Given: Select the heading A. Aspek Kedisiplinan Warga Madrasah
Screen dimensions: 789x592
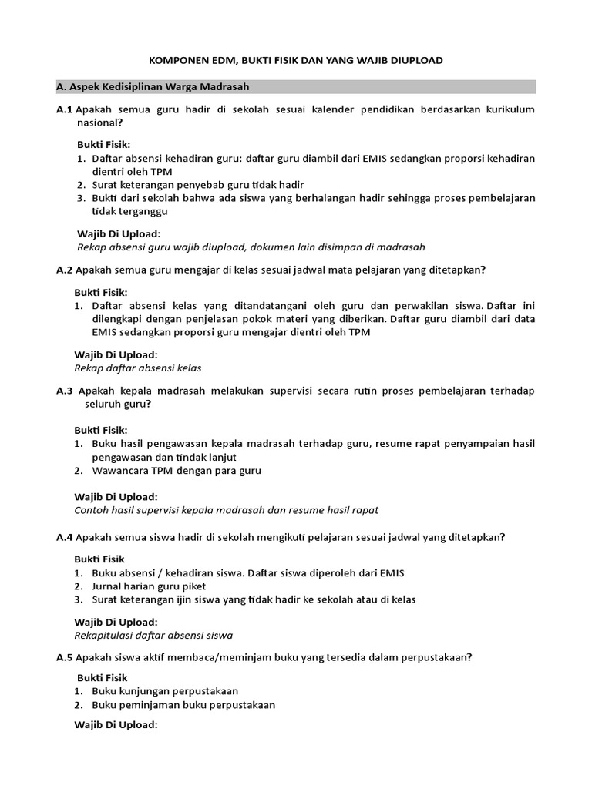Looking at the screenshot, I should pyautogui.click(x=157, y=86).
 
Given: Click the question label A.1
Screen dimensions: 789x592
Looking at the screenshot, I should pyautogui.click(x=64, y=109).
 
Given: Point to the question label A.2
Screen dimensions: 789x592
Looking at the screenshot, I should pyautogui.click(x=64, y=269).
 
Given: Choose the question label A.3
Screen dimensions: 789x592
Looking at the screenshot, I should pyautogui.click(x=64, y=391).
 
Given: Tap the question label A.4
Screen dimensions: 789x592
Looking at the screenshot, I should pyautogui.click(x=64, y=536).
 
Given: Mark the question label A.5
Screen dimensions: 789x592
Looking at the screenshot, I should pyautogui.click(x=64, y=657).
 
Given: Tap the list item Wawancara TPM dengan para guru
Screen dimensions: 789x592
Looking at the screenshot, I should pyautogui.click(x=176, y=470).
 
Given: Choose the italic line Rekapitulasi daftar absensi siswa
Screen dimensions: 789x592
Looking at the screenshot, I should pyautogui.click(x=153, y=636).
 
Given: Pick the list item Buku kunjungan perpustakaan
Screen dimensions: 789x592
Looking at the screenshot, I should pyautogui.click(x=165, y=690).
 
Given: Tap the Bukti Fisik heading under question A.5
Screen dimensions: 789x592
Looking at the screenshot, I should pyautogui.click(x=100, y=677).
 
